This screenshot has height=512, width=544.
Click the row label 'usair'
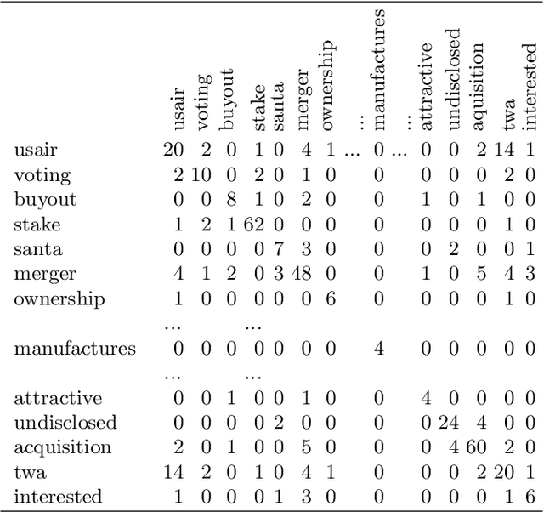[35, 151]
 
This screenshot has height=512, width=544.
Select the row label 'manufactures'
[75, 349]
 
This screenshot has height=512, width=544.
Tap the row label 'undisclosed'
[65, 423]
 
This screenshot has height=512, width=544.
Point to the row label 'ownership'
[59, 299]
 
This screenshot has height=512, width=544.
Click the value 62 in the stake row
[254, 225]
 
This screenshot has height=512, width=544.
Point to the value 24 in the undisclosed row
[451, 423]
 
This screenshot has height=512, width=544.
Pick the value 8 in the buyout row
[229, 201]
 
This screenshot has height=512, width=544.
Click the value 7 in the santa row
[278, 250]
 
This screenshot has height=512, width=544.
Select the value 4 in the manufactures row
[379, 349]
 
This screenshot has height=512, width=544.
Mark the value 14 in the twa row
[173, 472]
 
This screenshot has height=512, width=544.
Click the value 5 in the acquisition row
[308, 447]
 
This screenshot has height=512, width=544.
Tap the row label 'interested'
[58, 497]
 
